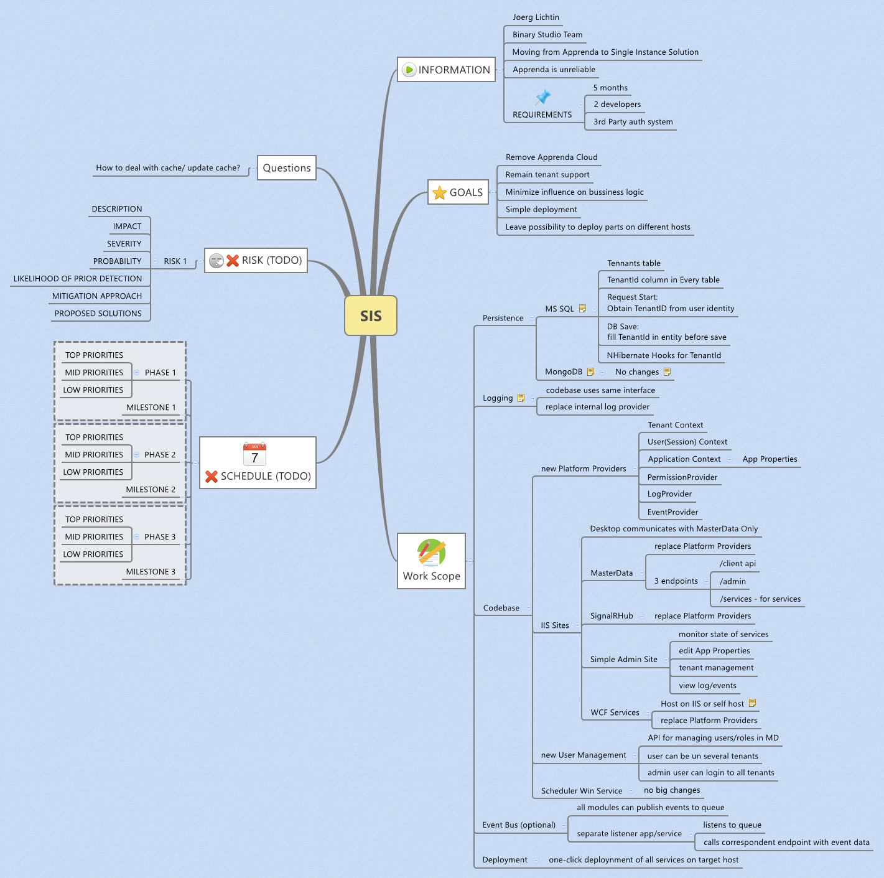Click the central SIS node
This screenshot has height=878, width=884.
370,315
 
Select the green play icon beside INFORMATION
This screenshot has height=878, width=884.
408,70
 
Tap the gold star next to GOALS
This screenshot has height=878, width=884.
439,192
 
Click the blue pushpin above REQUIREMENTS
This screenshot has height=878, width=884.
542,97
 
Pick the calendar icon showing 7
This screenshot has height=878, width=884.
254,454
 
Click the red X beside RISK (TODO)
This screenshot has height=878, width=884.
233,261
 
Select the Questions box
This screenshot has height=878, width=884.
287,168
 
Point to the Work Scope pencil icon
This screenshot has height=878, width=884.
431,553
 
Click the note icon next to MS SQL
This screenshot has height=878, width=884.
583,309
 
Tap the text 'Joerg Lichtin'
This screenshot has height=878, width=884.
536,17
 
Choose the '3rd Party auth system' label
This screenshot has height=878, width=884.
633,121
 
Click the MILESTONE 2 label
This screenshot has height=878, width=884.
151,489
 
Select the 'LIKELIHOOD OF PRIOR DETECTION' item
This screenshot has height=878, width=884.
78,279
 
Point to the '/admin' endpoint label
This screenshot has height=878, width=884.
733,582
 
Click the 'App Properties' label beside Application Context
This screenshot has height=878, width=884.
770,459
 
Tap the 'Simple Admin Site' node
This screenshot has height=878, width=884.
623,659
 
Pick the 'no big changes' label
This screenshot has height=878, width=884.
672,790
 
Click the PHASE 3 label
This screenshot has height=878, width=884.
160,536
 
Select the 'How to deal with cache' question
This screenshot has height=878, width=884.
168,168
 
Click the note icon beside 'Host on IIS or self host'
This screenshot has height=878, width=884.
752,703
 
